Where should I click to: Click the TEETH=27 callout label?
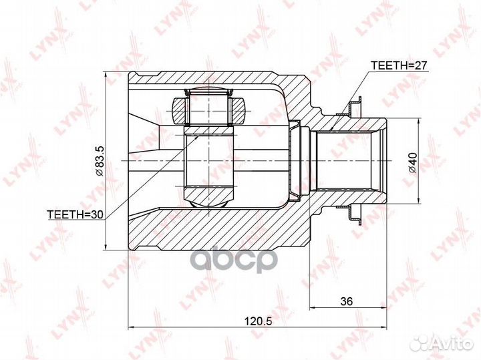tap(399, 65)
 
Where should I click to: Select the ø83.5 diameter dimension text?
tap(100, 161)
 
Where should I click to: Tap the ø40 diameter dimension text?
tap(413, 162)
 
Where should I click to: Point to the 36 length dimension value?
tap(347, 301)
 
